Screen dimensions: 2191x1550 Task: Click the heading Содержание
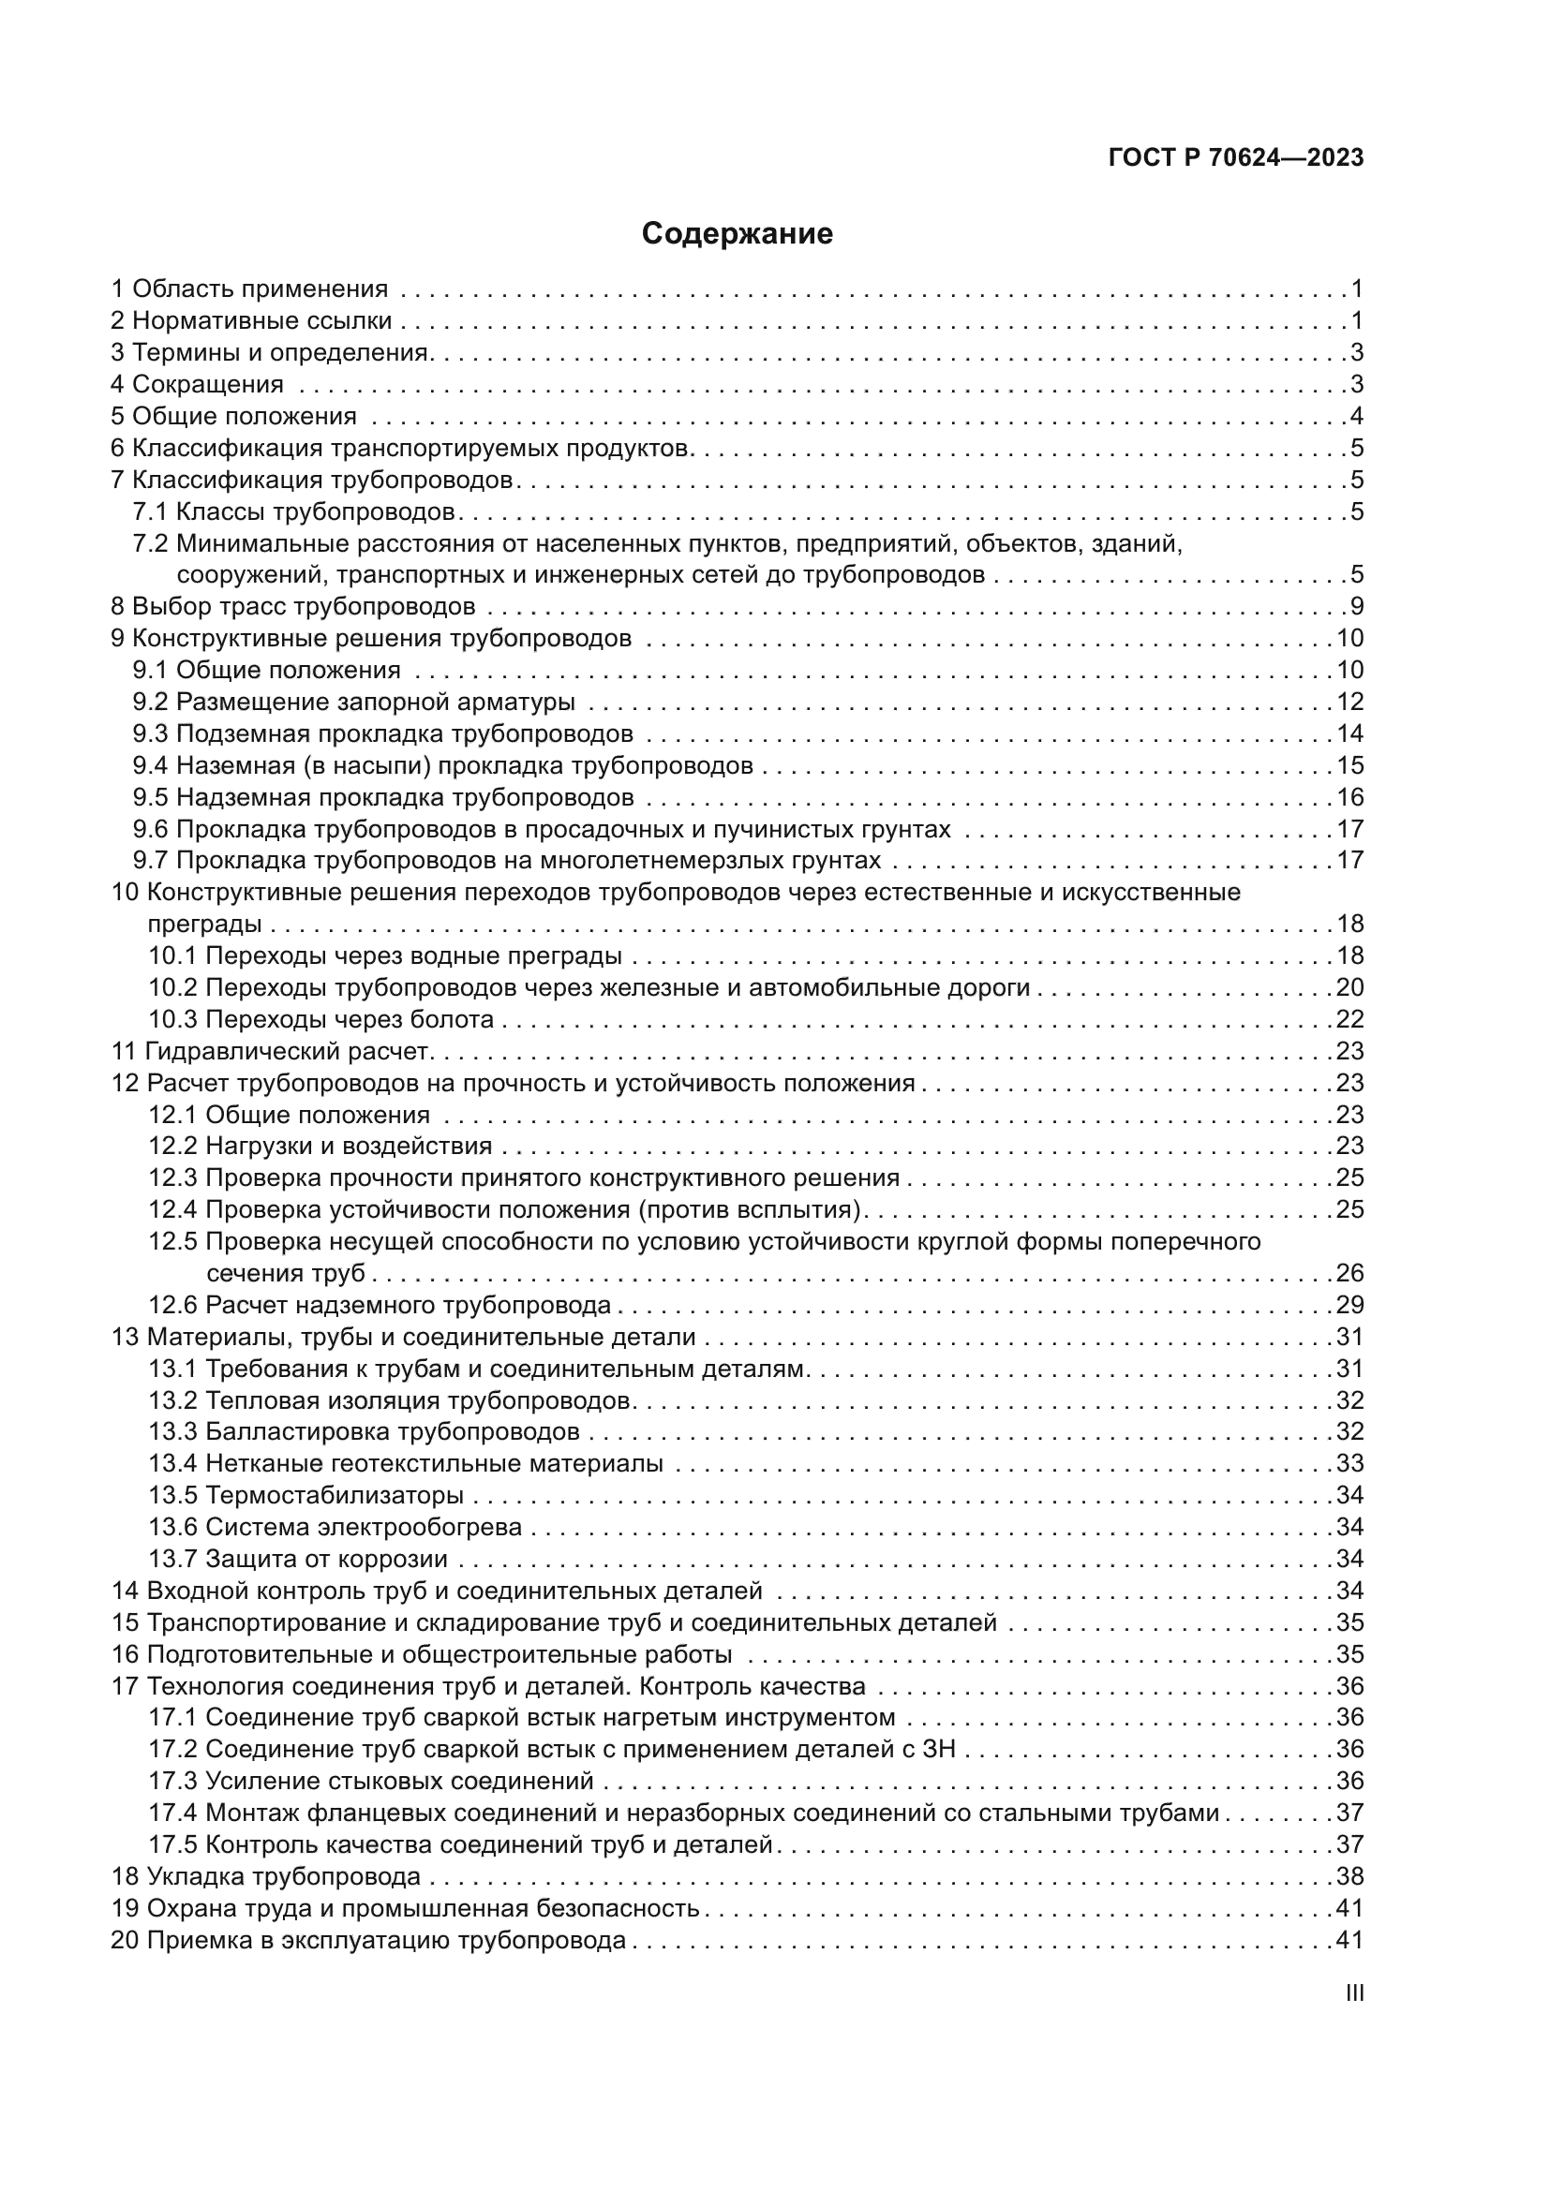737,234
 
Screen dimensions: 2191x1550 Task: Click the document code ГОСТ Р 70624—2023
1236,158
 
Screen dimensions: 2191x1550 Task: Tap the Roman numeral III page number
1353,1993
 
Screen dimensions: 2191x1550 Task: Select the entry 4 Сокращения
198,385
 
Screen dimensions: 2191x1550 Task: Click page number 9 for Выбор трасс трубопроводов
1356,607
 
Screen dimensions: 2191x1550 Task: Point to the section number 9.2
151,703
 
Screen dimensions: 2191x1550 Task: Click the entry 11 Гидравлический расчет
273,1052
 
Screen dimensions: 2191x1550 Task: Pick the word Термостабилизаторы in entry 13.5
334,1495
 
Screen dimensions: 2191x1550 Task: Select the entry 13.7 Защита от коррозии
298,1560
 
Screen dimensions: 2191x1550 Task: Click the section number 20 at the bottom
125,1940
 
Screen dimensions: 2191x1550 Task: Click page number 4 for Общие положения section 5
1356,417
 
